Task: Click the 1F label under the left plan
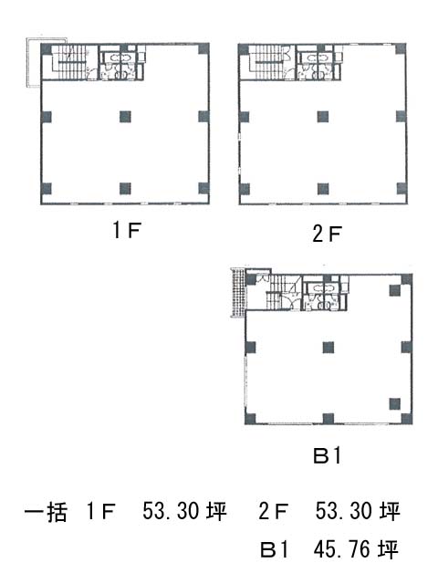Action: [x=126, y=229]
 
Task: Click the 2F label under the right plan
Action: [x=327, y=234]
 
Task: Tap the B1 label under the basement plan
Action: [x=327, y=455]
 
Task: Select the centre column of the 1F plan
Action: [x=126, y=117]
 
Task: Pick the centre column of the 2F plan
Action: [x=323, y=117]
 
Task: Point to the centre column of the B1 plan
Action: [x=328, y=348]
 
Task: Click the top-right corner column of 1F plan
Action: [x=203, y=48]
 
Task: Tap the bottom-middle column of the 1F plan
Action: [x=126, y=189]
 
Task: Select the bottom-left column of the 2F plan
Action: [x=244, y=189]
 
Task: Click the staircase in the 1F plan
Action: [x=70, y=63]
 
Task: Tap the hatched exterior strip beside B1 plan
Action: [x=237, y=293]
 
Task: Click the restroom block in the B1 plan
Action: [x=325, y=293]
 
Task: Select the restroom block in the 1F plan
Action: [x=120, y=63]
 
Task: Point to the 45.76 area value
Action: [x=342, y=549]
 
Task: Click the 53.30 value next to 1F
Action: [x=171, y=511]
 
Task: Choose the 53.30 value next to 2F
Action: [x=344, y=511]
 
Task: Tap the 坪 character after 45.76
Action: [x=388, y=549]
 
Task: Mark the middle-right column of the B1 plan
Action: [x=406, y=348]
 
